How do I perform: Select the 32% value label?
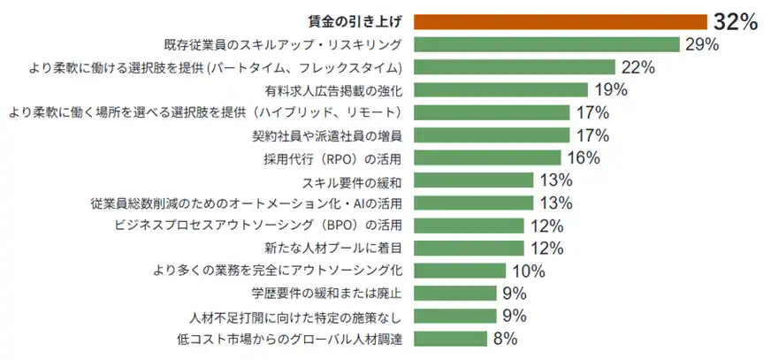click(736, 23)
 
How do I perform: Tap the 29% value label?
click(700, 45)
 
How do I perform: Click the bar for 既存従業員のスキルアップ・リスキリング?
click(546, 45)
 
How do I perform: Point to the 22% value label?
click(637, 67)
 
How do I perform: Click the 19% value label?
click(610, 89)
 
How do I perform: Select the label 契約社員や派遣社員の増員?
click(327, 135)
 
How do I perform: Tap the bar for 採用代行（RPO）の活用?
click(487, 157)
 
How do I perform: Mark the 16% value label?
click(583, 158)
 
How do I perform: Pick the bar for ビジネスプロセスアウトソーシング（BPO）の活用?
click(473, 226)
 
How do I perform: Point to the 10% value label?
click(528, 271)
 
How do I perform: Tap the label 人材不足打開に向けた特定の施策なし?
click(296, 316)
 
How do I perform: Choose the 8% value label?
click(505, 338)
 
